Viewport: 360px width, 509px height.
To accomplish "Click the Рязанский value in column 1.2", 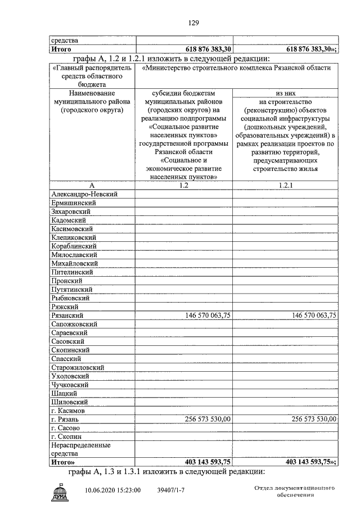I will tap(208, 316).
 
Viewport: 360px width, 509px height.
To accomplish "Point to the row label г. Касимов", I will tap(68, 411).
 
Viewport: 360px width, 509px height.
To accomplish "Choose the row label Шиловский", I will tap(69, 402).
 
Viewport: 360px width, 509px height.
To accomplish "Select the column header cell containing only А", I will tap(91, 185).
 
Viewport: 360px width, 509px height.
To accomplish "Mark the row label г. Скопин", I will tap(66, 436).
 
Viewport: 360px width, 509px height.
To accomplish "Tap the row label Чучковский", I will tap(69, 385).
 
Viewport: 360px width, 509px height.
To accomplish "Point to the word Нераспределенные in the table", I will tap(81, 445).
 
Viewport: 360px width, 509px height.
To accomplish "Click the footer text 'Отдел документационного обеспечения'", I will tap(295, 490).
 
